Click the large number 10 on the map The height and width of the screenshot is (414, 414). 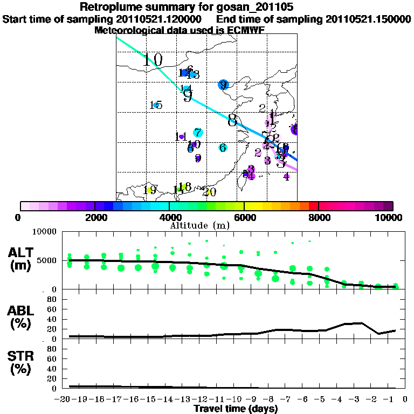[x=153, y=60]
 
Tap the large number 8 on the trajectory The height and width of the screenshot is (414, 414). [x=232, y=121]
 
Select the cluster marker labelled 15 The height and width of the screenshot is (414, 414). [x=156, y=105]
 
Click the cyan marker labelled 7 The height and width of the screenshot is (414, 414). [x=198, y=133]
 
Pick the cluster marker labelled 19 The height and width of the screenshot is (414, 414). [x=150, y=190]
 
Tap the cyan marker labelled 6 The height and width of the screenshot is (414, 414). [x=223, y=148]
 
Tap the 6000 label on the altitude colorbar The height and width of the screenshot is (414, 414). [x=245, y=218]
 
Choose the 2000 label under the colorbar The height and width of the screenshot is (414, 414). [x=95, y=218]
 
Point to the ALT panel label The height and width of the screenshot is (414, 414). [x=23, y=259]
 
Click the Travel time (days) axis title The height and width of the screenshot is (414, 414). [x=236, y=409]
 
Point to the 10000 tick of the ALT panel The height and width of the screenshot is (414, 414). [x=45, y=232]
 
